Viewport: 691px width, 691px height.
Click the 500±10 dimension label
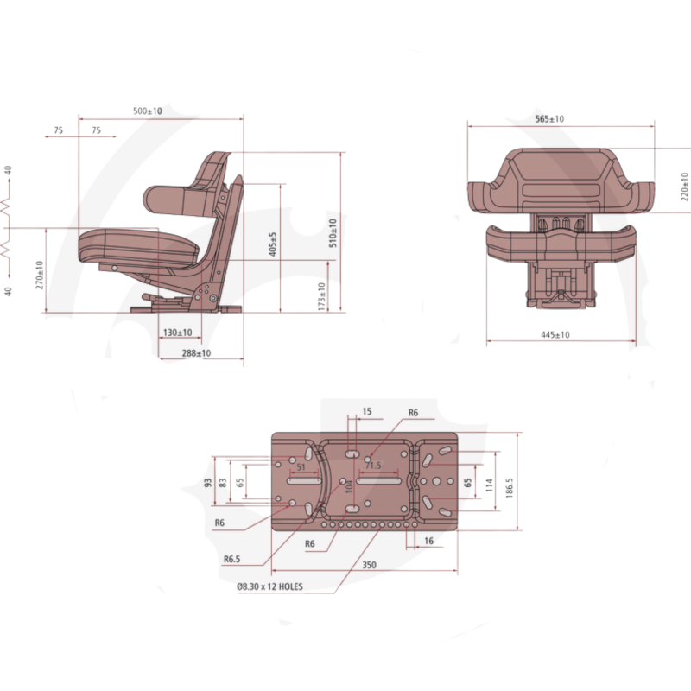point(148,111)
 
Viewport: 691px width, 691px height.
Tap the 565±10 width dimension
point(549,119)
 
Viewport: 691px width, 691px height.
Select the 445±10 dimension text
point(555,335)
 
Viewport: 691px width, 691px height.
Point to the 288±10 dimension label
point(196,353)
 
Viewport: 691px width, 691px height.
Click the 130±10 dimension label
point(178,333)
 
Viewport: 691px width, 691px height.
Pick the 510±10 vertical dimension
point(333,232)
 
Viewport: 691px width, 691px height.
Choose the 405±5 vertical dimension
point(273,244)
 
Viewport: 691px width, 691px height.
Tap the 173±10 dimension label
point(321,296)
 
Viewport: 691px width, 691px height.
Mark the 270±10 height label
point(40,275)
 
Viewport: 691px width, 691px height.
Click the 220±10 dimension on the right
point(684,187)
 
